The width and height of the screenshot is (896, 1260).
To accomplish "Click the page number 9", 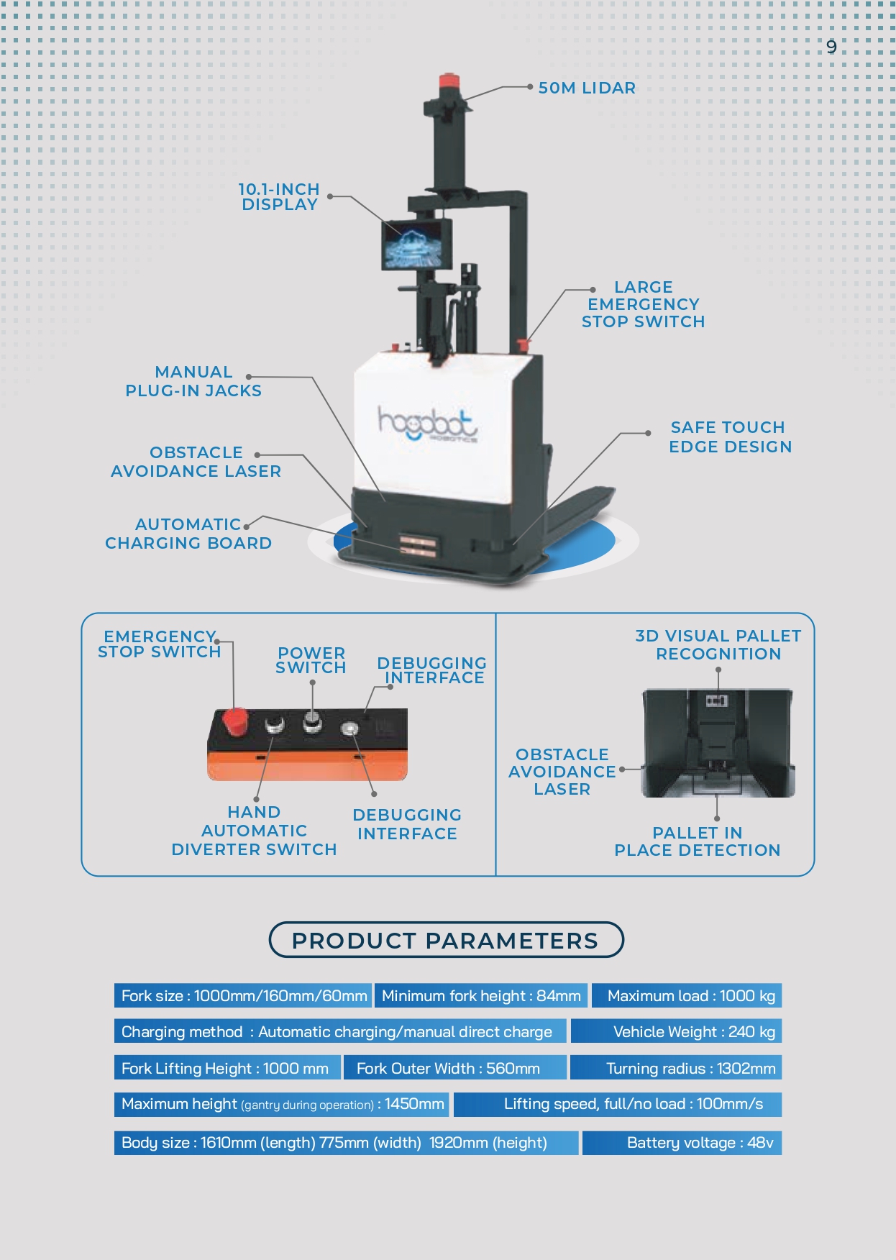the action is [x=831, y=47].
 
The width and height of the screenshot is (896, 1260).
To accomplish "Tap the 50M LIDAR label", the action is [x=587, y=88].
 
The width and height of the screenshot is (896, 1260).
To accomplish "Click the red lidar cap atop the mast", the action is [x=449, y=80].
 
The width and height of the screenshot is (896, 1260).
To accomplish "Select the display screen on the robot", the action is [x=416, y=244].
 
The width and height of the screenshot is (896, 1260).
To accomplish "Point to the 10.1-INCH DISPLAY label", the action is [x=279, y=196].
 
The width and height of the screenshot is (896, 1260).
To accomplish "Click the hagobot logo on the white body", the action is [x=427, y=424].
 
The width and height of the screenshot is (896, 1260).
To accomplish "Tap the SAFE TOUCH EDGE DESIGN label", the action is [x=730, y=437].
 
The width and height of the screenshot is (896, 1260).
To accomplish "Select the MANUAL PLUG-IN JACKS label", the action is [x=193, y=381].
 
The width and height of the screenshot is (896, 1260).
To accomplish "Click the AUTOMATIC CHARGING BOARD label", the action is [x=188, y=534].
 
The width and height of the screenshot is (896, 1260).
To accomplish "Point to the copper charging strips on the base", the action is [x=418, y=544].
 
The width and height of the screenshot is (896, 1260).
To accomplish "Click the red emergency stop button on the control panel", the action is [x=234, y=721].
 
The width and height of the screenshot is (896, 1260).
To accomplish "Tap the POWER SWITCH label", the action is [x=311, y=660].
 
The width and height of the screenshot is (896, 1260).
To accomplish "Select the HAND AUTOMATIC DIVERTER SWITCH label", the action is [x=254, y=831].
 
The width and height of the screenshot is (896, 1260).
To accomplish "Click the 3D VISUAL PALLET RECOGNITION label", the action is [x=718, y=644].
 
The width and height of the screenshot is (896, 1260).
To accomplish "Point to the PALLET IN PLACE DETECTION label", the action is [x=697, y=841].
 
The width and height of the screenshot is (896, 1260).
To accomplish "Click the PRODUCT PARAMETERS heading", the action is [x=446, y=940].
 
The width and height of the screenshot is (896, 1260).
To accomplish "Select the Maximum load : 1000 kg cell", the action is [x=686, y=995].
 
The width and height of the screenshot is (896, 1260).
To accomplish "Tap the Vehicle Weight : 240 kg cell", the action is [x=676, y=1031].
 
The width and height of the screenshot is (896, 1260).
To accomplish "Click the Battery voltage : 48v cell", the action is [x=682, y=1142].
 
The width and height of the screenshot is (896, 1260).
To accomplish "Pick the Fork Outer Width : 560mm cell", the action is [x=455, y=1068].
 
